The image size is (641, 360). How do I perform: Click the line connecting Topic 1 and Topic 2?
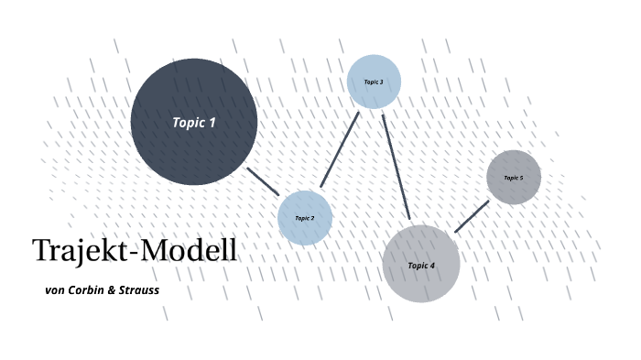[263, 180]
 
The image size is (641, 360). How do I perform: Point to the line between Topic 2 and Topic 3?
[340, 149]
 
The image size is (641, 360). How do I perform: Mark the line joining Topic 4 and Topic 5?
[472, 216]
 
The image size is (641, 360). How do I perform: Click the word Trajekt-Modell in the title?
[135, 251]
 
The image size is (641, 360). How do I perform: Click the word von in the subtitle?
[55, 290]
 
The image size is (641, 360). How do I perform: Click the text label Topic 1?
[194, 122]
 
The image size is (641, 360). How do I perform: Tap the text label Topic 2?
[305, 218]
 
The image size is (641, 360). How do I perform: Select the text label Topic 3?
[374, 82]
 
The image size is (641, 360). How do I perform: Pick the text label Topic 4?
[420, 266]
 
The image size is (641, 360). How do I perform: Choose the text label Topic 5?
[514, 178]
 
